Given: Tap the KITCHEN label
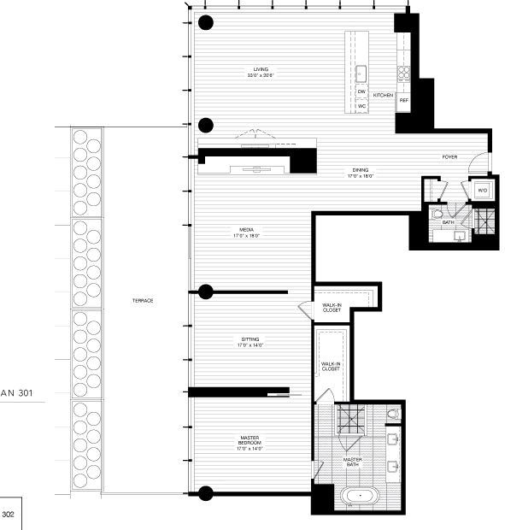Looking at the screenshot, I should click(384, 95).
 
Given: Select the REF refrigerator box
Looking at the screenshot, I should click(403, 99).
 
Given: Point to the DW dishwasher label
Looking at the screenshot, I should click(361, 91).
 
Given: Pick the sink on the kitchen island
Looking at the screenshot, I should click(361, 72).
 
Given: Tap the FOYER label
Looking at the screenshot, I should click(449, 157).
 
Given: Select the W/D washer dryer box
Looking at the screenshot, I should click(482, 191).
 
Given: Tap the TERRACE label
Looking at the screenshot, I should click(143, 300).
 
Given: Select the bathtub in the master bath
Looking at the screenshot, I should click(361, 496).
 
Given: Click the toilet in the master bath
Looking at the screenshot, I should click(392, 415).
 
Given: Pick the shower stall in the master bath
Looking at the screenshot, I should click(349, 417).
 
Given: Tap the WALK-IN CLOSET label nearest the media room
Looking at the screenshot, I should click(332, 308).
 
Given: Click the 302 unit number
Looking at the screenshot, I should click(9, 515).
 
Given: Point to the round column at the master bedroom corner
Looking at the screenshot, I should click(205, 492).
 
